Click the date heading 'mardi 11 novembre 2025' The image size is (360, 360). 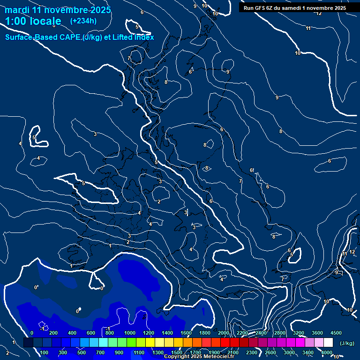[x=58, y=10]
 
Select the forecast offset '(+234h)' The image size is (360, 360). [x=83, y=21]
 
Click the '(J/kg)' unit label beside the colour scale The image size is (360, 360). [x=347, y=343]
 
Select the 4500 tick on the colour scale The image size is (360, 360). [x=336, y=333]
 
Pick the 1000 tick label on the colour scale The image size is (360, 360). [x=130, y=333]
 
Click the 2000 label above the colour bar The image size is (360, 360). [x=224, y=333]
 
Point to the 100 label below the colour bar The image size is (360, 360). [x=45, y=352]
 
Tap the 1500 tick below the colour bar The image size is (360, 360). [x=177, y=352]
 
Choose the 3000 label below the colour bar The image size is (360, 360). [x=289, y=352]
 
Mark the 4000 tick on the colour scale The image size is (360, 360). [x=327, y=352]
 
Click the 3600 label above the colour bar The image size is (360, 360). [x=317, y=333]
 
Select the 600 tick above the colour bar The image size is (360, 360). [x=91, y=333]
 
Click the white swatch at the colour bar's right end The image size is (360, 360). [x=328, y=343]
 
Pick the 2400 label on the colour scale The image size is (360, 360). [x=261, y=333]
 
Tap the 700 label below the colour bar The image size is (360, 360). [x=100, y=352]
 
